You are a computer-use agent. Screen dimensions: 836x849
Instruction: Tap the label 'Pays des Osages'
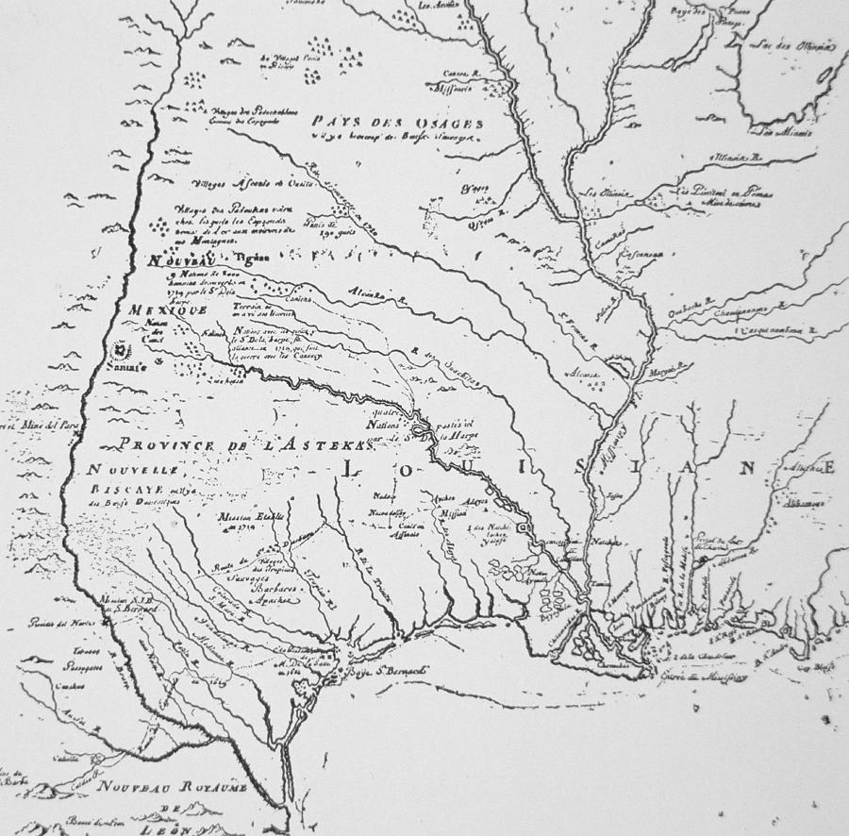399,124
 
